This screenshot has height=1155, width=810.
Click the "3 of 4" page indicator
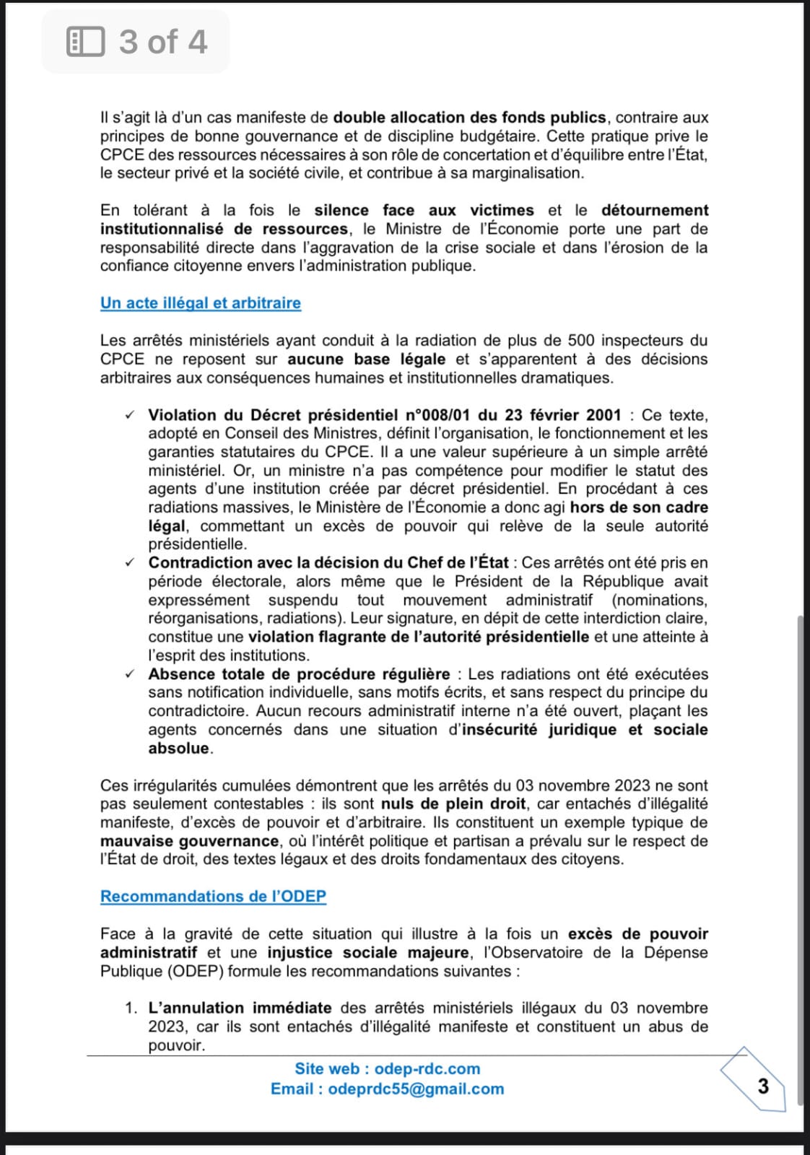pos(163,42)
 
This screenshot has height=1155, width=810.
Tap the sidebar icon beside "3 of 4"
pos(85,42)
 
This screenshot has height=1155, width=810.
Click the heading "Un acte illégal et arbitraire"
pos(201,303)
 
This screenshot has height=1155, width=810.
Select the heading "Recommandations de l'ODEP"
pos(213,897)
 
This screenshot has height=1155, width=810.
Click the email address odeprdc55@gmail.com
pos(416,1089)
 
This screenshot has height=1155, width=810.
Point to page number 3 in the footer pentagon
pos(762,1086)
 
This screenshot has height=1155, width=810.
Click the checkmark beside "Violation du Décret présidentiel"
pos(129,415)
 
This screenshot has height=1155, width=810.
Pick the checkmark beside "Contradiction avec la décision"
pos(129,563)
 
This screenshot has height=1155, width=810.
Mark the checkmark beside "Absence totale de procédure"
pos(129,674)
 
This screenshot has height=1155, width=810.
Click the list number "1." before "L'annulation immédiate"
pos(131,1008)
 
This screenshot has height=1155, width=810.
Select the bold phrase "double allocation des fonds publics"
pos(470,118)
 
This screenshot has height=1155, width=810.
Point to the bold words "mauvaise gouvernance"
pos(189,842)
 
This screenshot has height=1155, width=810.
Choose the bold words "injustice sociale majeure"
pos(368,953)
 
